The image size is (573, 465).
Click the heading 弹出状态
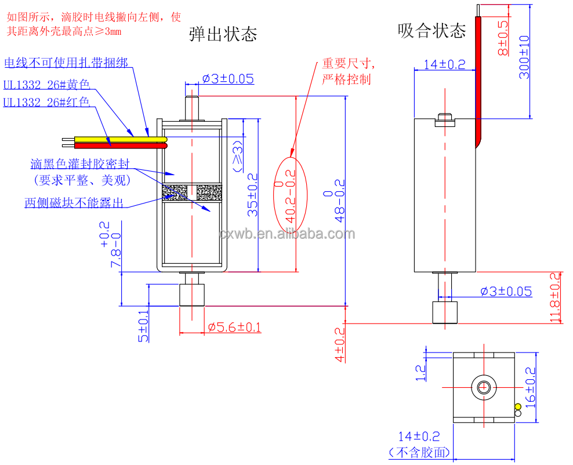pyautogui.click(x=223, y=34)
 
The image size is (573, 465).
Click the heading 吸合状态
pyautogui.click(x=431, y=30)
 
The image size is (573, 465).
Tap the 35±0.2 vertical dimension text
pyautogui.click(x=252, y=195)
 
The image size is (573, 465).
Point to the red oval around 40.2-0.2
pyautogui.click(x=289, y=191)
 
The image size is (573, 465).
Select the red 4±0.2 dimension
pyautogui.click(x=340, y=344)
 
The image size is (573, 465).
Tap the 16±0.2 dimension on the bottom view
pyautogui.click(x=529, y=387)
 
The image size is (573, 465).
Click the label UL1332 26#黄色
pyautogui.click(x=47, y=85)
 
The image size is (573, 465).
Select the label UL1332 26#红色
pyautogui.click(x=46, y=103)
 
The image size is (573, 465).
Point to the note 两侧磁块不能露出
pyautogui.click(x=74, y=202)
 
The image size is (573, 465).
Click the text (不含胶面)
pyautogui.click(x=419, y=452)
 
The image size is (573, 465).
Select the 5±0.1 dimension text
pyautogui.click(x=143, y=325)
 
